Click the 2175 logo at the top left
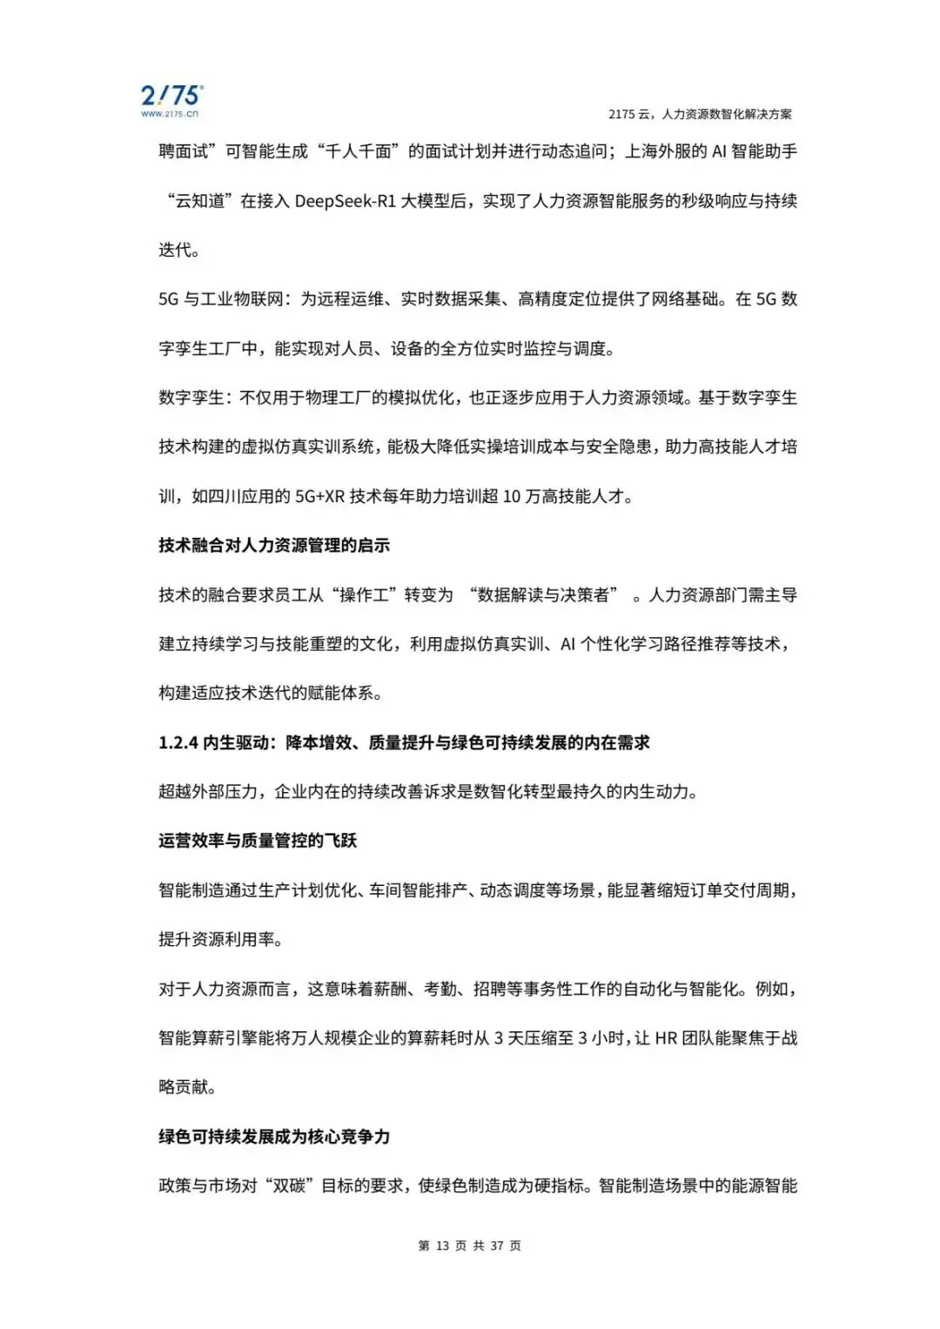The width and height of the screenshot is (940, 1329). point(171,94)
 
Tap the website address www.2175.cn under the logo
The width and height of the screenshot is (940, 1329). point(170,114)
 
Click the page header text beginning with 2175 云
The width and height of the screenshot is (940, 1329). point(700,114)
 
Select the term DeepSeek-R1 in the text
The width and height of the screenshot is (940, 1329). point(345,201)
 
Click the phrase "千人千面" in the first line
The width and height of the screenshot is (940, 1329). point(358,151)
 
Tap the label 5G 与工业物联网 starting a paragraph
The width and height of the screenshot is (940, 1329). point(221,299)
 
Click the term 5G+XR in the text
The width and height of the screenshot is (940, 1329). point(319,496)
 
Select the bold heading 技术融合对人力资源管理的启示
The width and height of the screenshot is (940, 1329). point(274,546)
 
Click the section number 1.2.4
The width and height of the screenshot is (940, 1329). point(178,742)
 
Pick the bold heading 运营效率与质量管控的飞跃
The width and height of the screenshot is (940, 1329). point(258,841)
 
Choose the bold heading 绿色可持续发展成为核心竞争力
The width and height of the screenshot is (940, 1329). point(274,1137)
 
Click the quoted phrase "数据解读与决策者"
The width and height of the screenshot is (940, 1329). point(543,595)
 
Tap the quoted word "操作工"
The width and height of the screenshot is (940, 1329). point(364,595)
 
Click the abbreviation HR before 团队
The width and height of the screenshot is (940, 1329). point(666,1038)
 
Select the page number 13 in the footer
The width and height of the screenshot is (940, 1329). point(442,1246)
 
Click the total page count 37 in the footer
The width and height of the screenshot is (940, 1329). point(496,1246)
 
